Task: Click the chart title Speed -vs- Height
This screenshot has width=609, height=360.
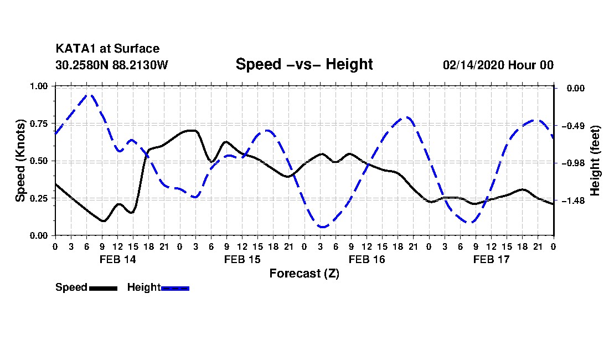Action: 304,64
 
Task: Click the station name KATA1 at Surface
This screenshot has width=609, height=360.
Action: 107,49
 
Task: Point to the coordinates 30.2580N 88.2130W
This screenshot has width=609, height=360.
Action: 111,65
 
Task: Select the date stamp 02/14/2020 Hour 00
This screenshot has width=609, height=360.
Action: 498,65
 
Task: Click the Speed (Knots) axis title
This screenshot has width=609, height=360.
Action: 20,161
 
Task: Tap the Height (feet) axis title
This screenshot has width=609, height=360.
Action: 595,161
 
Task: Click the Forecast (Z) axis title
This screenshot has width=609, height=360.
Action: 304,273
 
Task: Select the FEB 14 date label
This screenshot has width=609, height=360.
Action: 117,259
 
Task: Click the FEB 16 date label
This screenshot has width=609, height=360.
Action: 367,259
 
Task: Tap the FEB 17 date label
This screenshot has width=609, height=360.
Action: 491,259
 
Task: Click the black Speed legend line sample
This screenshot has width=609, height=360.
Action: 102,288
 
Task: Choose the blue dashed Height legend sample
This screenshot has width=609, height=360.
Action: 175,288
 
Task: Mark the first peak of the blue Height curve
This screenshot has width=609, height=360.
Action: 88,95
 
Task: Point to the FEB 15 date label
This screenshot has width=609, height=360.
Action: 242,259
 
